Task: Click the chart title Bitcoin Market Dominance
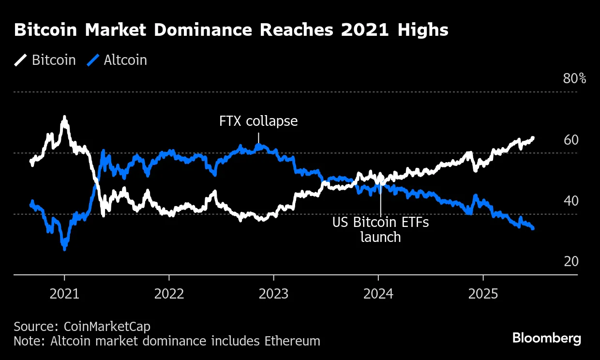click(231, 30)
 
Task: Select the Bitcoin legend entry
click(45, 60)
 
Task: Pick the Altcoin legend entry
click(117, 60)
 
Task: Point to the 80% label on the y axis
click(574, 78)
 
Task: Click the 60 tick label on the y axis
click(571, 140)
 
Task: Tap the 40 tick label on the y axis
click(571, 201)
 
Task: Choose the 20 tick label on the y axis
click(571, 262)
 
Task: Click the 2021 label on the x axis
click(64, 294)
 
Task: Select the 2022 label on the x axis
click(169, 294)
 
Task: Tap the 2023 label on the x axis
click(273, 294)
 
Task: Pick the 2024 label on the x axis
click(378, 294)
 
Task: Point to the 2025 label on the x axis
click(483, 294)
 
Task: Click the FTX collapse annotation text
click(258, 121)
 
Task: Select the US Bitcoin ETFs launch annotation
click(380, 230)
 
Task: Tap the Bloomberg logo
click(547, 338)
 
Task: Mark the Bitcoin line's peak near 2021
click(64, 118)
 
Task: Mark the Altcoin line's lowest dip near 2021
click(64, 248)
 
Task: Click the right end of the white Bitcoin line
click(533, 138)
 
